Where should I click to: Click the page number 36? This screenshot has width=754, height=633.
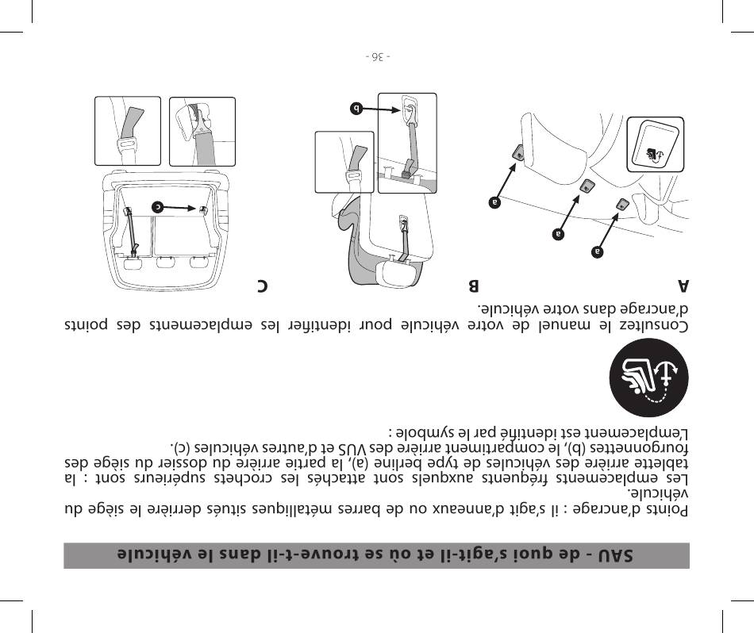[x=378, y=57]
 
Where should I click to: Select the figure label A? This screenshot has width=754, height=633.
[x=683, y=286]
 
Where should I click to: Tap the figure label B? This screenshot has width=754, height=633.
[x=474, y=286]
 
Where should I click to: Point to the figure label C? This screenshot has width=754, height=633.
[x=262, y=286]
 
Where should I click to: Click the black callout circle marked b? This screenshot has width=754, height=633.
[x=356, y=109]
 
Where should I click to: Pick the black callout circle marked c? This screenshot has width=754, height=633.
[x=158, y=207]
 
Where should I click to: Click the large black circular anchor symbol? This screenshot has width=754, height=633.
[x=648, y=378]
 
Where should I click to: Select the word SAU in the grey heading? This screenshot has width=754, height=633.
[x=616, y=555]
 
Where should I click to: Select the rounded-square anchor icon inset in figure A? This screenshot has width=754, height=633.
[x=656, y=144]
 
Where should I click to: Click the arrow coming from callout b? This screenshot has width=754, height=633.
[x=381, y=109]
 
